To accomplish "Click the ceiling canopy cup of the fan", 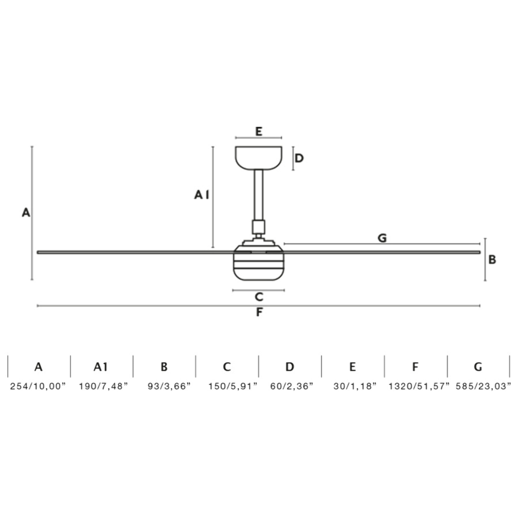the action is (259, 158).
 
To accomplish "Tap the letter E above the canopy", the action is (259, 132).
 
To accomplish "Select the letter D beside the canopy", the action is (299, 158).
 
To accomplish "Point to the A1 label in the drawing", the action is (202, 195).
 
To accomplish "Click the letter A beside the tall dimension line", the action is (26, 213).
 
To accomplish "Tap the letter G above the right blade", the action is (382, 238).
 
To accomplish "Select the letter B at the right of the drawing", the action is (492, 260).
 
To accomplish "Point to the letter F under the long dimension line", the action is (259, 312).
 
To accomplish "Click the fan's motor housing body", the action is (259, 263).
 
